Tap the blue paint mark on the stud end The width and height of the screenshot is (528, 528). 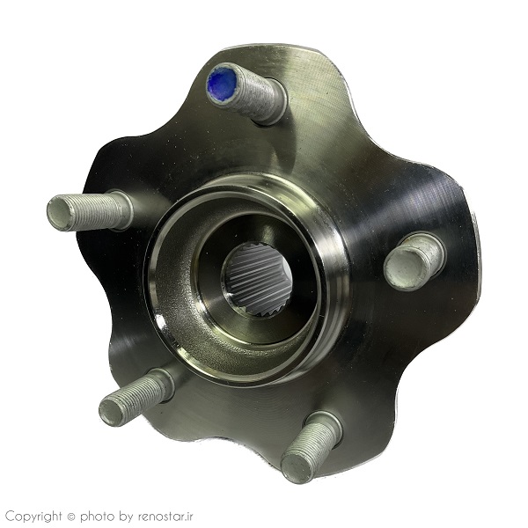click(x=222, y=82)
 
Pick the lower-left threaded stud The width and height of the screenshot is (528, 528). click(x=136, y=397)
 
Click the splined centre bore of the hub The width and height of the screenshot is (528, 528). click(x=257, y=281)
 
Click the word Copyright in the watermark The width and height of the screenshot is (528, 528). click(x=34, y=517)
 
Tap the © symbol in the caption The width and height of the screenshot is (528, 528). click(x=70, y=517)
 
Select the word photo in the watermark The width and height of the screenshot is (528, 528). click(x=97, y=517)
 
